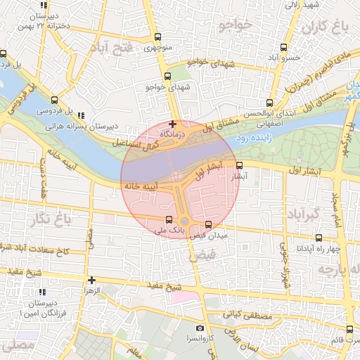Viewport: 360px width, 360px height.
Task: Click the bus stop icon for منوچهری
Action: coord(157,37)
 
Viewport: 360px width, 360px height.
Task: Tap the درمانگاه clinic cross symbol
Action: coord(172,124)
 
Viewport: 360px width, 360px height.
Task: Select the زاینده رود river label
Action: coord(257,138)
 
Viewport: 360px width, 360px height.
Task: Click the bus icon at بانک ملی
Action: coord(167,219)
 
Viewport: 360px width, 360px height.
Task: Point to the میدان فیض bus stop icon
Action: coord(208,225)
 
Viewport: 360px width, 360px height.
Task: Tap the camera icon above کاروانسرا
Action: coord(200,328)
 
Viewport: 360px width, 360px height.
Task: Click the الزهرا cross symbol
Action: coord(91,280)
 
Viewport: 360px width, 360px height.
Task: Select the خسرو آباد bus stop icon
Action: coord(283,47)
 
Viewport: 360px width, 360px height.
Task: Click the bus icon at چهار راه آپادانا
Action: coord(319,238)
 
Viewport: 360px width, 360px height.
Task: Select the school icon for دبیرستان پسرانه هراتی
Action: coord(82,115)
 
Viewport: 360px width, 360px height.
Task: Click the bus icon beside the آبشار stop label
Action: coord(240,166)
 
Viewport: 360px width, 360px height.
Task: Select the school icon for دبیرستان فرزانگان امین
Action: coord(43,291)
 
